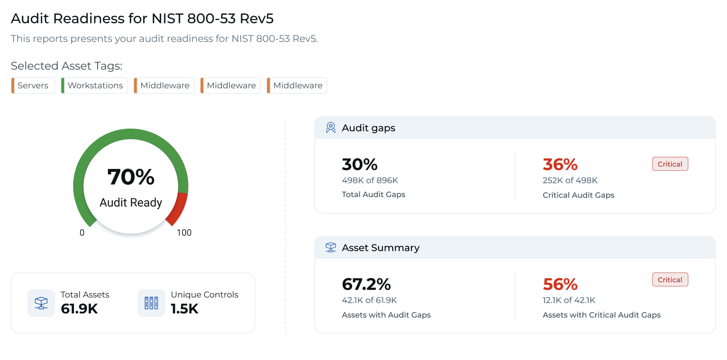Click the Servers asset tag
33,85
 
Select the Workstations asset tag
95,85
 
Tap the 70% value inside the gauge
131,177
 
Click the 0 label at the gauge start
82,232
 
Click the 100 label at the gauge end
184,232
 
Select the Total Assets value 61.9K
79,309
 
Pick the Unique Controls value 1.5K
185,309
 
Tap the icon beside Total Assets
41,303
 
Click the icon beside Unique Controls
151,303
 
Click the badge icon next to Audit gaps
331,128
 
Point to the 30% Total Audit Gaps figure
360,164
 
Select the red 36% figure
560,164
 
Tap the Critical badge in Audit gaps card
670,164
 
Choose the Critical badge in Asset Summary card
670,280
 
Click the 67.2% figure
366,284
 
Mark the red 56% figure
560,284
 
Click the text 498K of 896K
370,180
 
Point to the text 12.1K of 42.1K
569,300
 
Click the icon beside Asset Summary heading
331,247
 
